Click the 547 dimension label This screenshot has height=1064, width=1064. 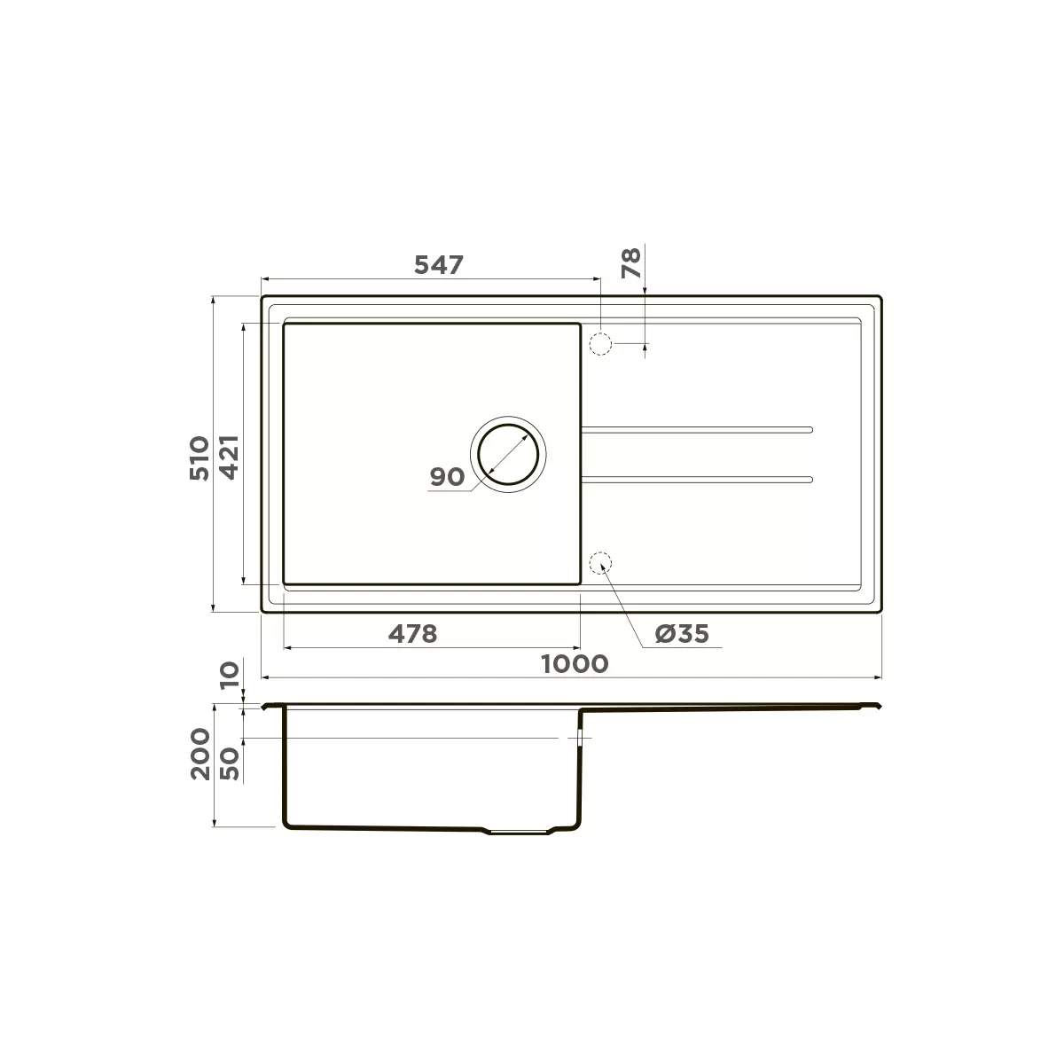(x=439, y=264)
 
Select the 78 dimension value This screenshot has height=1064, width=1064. (x=630, y=263)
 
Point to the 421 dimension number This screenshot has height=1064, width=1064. (x=229, y=458)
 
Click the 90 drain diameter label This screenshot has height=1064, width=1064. (x=447, y=477)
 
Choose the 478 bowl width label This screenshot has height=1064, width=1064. (x=413, y=634)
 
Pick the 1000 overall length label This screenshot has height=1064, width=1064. (x=575, y=663)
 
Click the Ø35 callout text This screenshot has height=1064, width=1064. (x=682, y=634)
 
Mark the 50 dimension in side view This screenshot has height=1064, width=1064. (x=230, y=763)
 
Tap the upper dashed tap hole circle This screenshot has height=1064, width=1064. (x=601, y=344)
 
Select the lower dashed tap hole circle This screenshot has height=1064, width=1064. (x=601, y=563)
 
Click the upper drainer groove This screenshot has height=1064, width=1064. (x=696, y=430)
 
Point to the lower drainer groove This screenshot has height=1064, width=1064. (x=696, y=480)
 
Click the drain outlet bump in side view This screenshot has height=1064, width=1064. (x=519, y=833)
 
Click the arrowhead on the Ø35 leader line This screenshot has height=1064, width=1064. (x=606, y=572)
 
